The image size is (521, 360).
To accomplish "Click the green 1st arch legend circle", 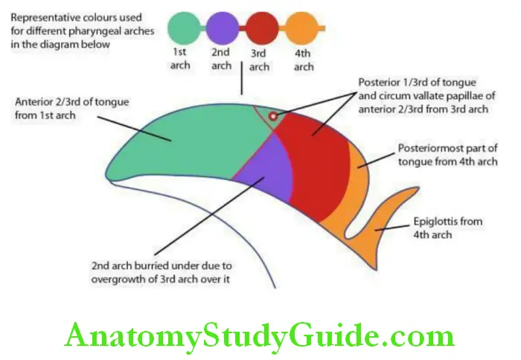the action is point(184,28).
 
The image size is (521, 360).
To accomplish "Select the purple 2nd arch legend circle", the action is point(222,28).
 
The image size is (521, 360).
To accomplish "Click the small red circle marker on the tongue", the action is point(274,116).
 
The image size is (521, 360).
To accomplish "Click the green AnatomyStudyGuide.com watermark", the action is point(259,335).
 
